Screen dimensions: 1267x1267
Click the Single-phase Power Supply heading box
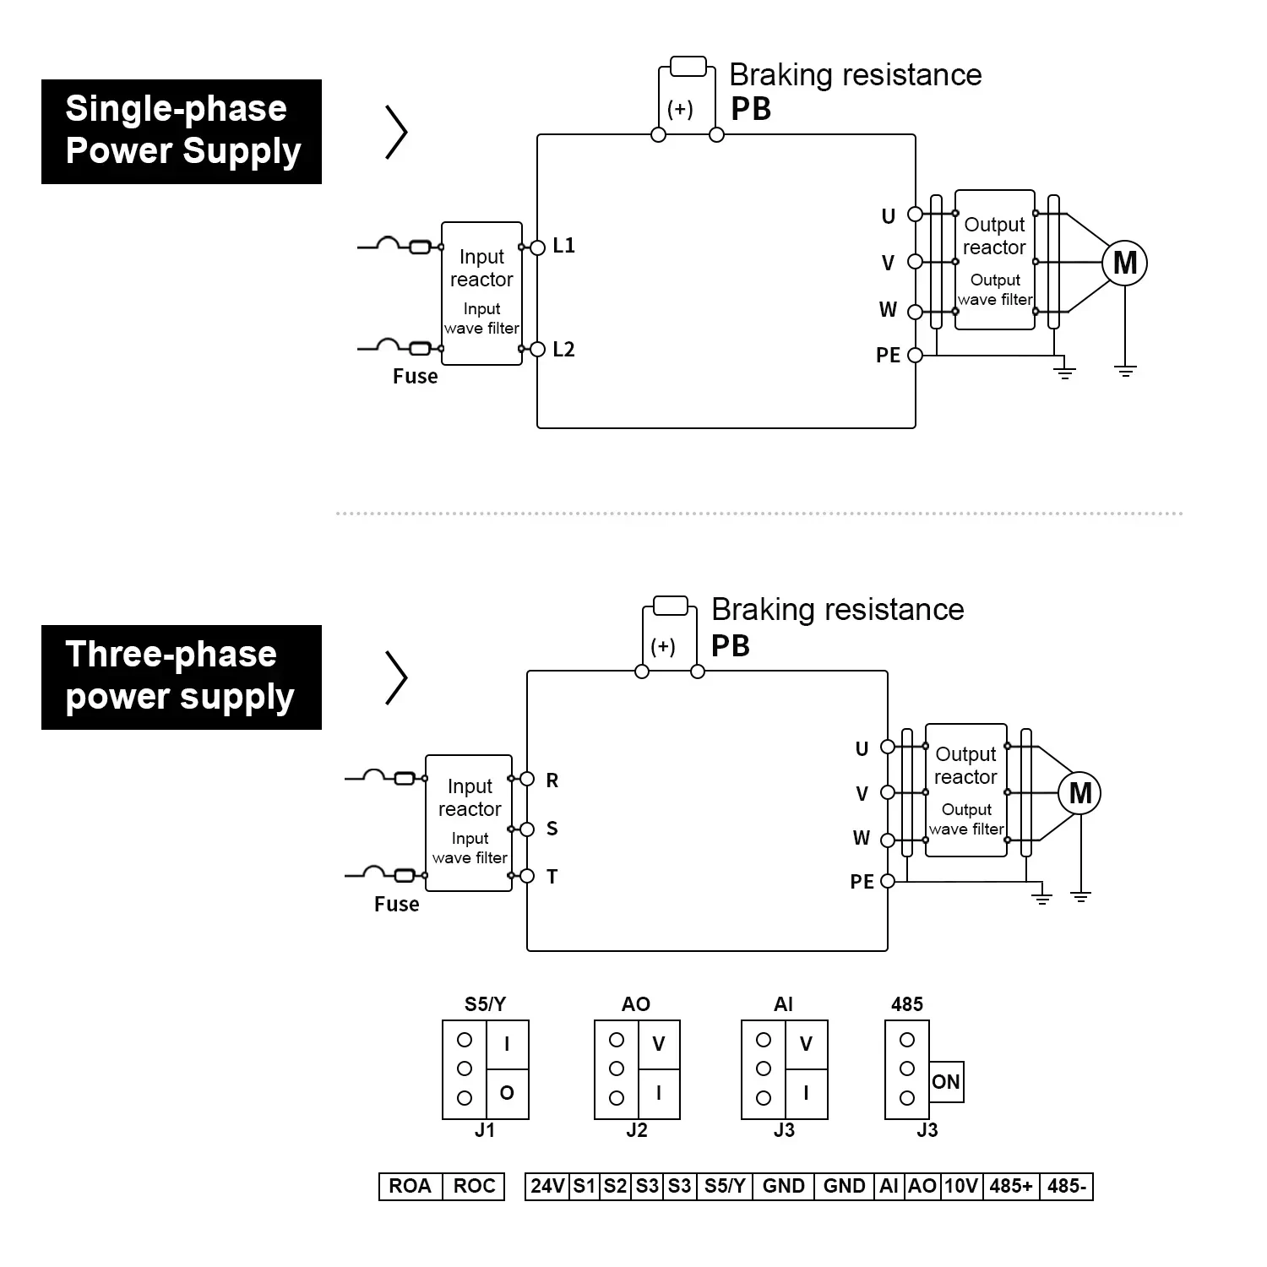[181, 131]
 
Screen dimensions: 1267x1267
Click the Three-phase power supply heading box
[181, 677]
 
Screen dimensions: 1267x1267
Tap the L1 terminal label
[563, 246]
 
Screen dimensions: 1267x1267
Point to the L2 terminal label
[563, 350]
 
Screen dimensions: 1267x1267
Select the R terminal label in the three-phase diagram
[552, 780]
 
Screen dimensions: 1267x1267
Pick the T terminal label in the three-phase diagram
[552, 877]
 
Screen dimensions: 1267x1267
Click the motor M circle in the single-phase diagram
[1124, 263]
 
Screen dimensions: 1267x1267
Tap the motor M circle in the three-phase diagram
[1080, 793]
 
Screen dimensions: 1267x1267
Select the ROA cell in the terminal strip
[410, 1186]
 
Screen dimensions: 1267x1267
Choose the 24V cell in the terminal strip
[547, 1186]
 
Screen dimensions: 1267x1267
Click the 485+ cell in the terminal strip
[1010, 1186]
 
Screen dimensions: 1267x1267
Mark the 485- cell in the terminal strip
[1066, 1186]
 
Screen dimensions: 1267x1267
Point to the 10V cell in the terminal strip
[960, 1186]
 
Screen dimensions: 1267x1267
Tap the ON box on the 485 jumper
[946, 1082]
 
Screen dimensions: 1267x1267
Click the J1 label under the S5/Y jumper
[485, 1130]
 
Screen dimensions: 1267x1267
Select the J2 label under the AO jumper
[637, 1130]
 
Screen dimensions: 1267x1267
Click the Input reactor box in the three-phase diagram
[469, 822]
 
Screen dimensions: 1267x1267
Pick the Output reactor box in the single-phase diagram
[994, 259]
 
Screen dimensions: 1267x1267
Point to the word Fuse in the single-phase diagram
[415, 377]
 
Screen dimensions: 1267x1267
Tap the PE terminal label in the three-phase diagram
[862, 882]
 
